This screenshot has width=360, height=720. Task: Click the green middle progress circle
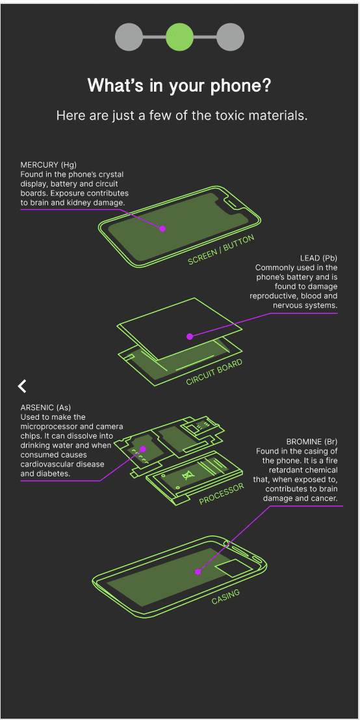pyautogui.click(x=179, y=37)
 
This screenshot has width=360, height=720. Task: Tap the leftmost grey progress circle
pyautogui.click(x=129, y=37)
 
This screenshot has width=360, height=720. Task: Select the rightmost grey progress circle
pyautogui.click(x=230, y=37)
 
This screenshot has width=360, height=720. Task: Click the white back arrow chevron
pyautogui.click(x=22, y=386)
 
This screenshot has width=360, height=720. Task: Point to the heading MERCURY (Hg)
pyautogui.click(x=48, y=164)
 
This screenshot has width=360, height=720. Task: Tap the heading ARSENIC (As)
pyautogui.click(x=45, y=407)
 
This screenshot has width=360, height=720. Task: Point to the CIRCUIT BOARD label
pyautogui.click(x=214, y=372)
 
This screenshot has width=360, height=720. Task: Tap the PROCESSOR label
pyautogui.click(x=222, y=495)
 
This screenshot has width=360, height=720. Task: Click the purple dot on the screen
pyautogui.click(x=162, y=229)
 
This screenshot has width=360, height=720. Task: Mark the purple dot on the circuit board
pyautogui.click(x=190, y=337)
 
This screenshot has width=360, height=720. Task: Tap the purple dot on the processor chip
pyautogui.click(x=143, y=448)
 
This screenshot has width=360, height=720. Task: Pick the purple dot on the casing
pyautogui.click(x=198, y=572)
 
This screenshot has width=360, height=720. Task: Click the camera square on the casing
pyautogui.click(x=234, y=568)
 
